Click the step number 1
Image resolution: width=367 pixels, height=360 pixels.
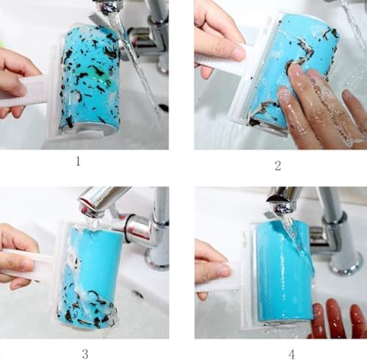tap(78, 162)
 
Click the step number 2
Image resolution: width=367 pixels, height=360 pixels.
tap(277, 166)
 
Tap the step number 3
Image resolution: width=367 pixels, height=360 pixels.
tap(85, 354)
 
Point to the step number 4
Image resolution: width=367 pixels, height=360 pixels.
tap(291, 354)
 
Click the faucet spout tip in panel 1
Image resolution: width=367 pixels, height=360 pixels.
tap(108, 7)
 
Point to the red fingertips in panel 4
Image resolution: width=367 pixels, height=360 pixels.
tap(338, 318)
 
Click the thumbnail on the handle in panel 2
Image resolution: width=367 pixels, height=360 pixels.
tap(237, 52)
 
